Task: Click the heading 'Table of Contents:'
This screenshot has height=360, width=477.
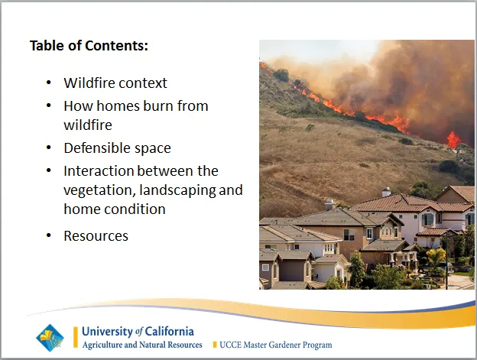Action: pyautogui.click(x=89, y=45)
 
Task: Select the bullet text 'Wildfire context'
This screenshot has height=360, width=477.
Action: pyautogui.click(x=115, y=83)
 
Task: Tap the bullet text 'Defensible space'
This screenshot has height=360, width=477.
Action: pyautogui.click(x=117, y=148)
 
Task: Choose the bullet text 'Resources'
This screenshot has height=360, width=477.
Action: pyautogui.click(x=96, y=235)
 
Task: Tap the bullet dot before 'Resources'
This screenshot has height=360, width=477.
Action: pyautogui.click(x=49, y=235)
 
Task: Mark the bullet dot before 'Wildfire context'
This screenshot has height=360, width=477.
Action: pyautogui.click(x=49, y=83)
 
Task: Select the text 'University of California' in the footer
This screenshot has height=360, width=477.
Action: pyautogui.click(x=138, y=331)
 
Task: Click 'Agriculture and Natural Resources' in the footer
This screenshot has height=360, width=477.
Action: pyautogui.click(x=142, y=345)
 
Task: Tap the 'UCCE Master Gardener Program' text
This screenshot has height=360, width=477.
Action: pyautogui.click(x=276, y=345)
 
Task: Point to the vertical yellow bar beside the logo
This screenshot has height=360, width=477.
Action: pyautogui.click(x=75, y=337)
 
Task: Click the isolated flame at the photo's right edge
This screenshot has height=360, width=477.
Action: pyautogui.click(x=454, y=139)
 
